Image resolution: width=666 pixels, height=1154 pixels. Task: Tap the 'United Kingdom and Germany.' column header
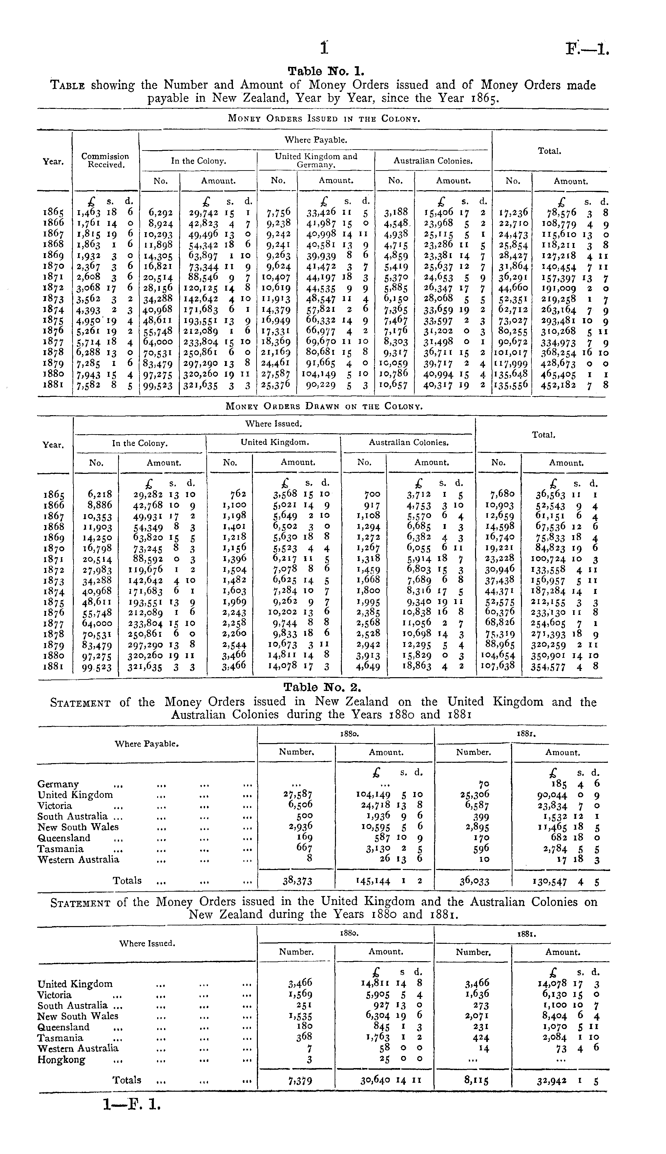[316, 160]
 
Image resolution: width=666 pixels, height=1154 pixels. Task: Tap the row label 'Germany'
[58, 784]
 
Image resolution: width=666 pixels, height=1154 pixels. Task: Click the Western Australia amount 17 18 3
[581, 860]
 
